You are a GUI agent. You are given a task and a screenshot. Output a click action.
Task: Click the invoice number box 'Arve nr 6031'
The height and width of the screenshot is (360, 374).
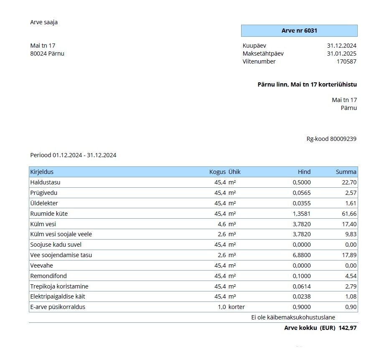click(299, 31)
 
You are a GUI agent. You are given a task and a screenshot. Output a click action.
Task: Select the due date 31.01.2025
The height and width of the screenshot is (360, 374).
click(341, 54)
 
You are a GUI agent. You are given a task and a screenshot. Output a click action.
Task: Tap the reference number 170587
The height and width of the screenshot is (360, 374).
click(346, 61)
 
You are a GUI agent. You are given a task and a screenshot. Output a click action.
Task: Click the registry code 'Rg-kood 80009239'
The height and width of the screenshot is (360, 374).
click(331, 139)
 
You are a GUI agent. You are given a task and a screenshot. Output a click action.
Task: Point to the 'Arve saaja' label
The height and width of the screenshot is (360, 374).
click(44, 22)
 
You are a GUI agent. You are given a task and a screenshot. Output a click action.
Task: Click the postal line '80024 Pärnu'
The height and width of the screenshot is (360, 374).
click(47, 54)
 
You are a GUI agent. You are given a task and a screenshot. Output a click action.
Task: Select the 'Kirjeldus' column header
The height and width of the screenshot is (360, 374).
click(42, 172)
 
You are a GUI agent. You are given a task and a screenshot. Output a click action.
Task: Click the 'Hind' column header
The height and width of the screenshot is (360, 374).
click(304, 172)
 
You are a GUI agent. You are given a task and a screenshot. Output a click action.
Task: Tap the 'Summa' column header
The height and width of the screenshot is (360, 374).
click(346, 172)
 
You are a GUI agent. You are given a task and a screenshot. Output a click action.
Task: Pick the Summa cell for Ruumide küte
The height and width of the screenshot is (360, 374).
click(349, 214)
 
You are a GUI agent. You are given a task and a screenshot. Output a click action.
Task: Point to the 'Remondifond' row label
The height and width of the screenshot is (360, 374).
click(48, 276)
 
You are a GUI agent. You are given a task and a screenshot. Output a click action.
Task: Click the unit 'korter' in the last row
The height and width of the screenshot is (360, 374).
click(237, 307)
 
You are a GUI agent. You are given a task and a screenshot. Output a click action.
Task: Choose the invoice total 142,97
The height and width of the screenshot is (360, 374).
click(348, 328)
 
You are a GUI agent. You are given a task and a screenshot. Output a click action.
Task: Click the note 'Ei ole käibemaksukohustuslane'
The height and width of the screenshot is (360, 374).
click(293, 317)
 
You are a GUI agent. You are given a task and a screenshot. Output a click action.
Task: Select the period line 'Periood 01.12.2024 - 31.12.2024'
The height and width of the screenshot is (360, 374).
click(73, 155)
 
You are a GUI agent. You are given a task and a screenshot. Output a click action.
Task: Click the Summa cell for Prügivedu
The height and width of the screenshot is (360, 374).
click(350, 193)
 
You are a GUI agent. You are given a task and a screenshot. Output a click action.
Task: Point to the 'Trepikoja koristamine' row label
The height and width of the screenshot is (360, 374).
click(59, 286)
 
